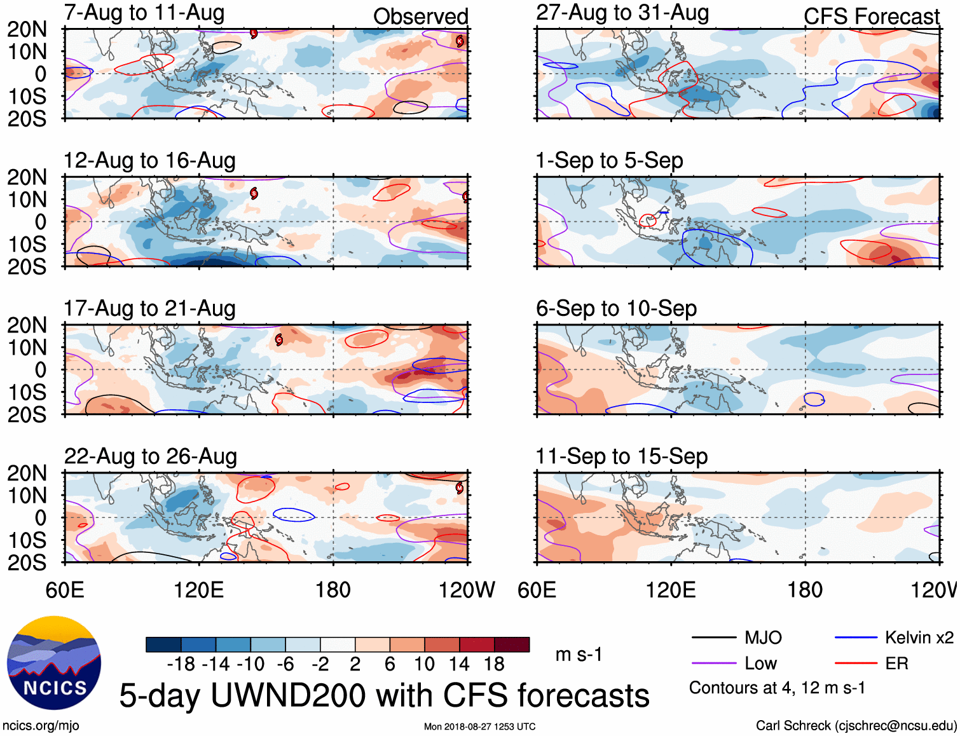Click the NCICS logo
[x=54, y=662]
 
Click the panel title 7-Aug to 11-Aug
[x=144, y=13]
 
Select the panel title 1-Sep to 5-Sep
[x=609, y=160]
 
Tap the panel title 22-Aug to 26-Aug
[x=151, y=456]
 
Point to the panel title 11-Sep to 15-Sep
[x=621, y=456]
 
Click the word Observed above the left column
[x=420, y=17]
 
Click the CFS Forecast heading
[x=871, y=17]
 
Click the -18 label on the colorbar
[x=181, y=664]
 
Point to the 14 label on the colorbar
[x=459, y=664]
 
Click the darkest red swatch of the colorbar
[x=512, y=644]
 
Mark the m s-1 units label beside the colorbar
[x=579, y=655]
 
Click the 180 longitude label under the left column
[x=333, y=590]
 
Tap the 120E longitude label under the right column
[x=671, y=590]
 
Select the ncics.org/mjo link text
[x=41, y=726]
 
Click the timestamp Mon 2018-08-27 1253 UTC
[x=479, y=726]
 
